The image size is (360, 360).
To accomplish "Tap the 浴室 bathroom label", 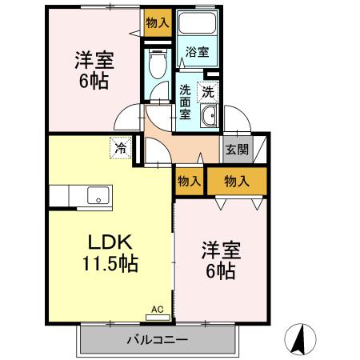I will click(197, 53).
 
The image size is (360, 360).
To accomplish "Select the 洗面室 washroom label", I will click(185, 101).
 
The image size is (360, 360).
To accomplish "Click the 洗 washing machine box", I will click(207, 91).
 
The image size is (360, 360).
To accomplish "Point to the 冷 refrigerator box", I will click(119, 147).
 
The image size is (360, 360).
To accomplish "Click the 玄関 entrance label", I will click(235, 149).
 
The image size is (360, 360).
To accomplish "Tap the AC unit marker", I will click(158, 308).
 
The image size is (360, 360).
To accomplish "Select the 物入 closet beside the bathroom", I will click(158, 22).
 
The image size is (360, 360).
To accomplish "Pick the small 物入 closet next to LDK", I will click(189, 182).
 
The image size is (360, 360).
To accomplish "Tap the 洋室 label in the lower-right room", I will click(218, 250).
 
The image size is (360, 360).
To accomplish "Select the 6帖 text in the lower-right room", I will click(218, 272).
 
